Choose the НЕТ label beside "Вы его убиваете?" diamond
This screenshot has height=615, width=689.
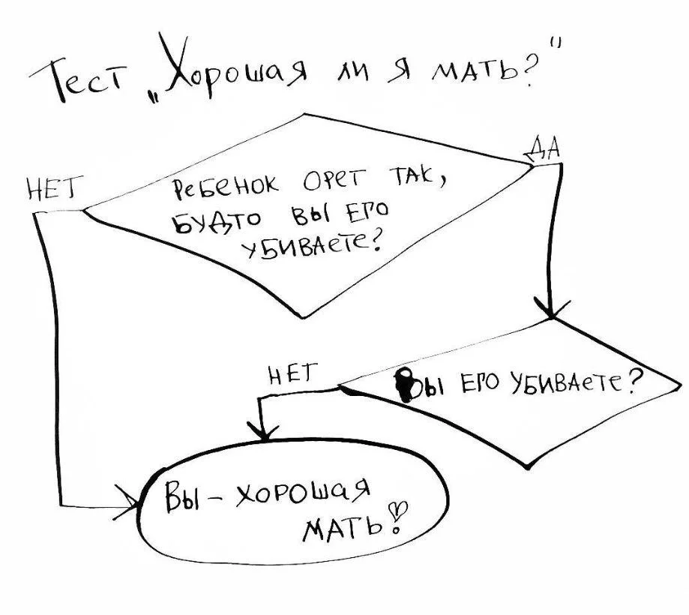tap(293, 371)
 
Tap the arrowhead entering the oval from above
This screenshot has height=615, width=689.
tap(263, 433)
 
